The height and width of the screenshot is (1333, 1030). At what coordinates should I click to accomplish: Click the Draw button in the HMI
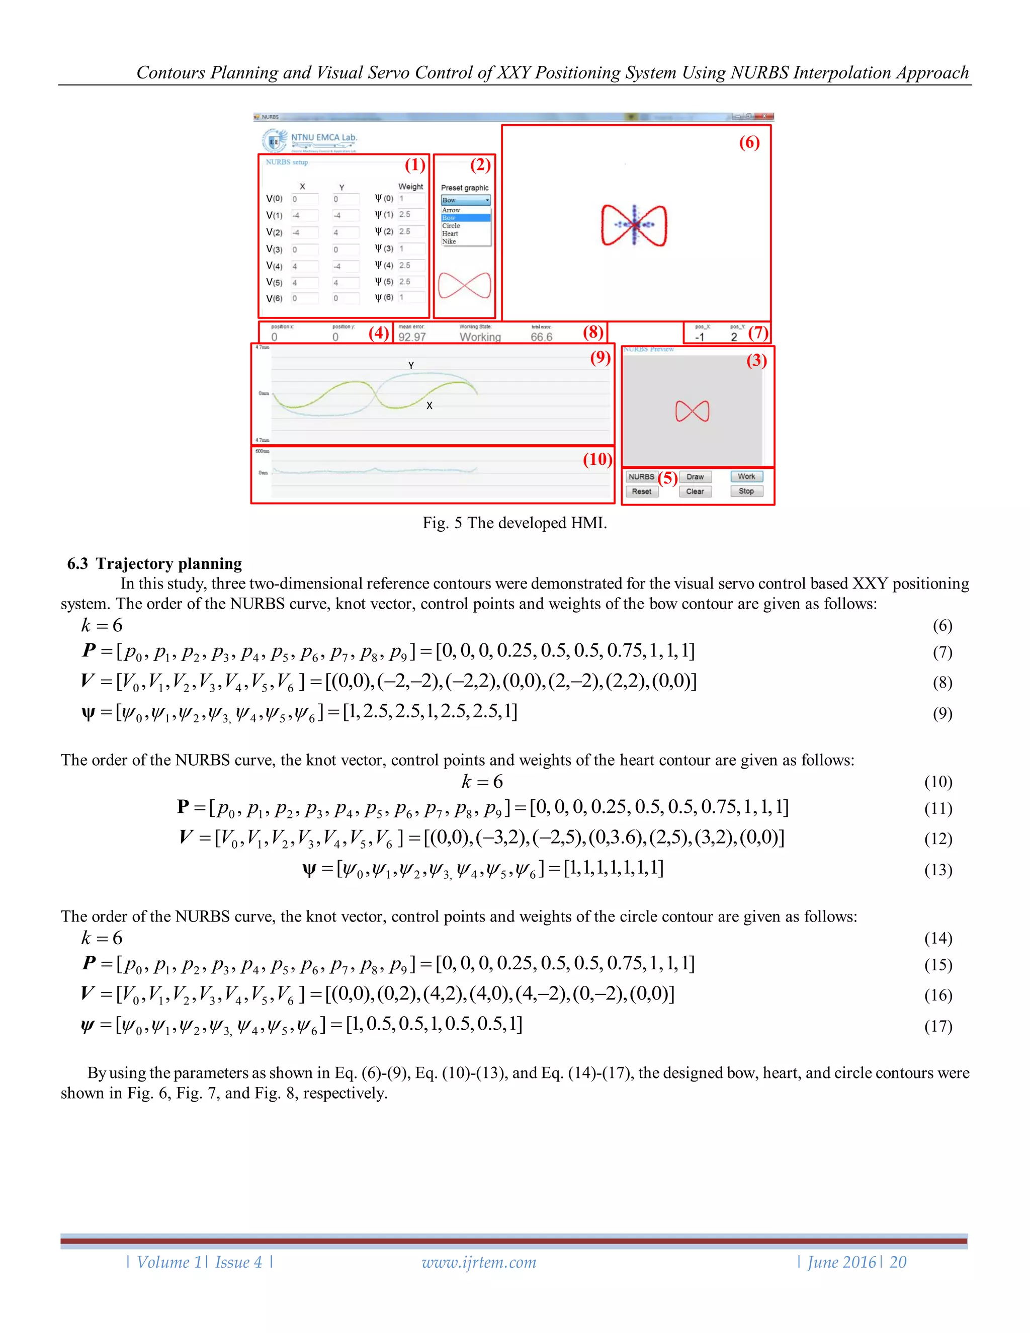pyautogui.click(x=695, y=477)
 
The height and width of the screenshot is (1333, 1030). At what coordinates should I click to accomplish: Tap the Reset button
pyautogui.click(x=641, y=491)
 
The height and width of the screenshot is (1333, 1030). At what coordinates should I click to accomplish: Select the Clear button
pyautogui.click(x=695, y=491)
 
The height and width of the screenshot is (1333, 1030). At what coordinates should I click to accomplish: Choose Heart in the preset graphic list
pyautogui.click(x=450, y=234)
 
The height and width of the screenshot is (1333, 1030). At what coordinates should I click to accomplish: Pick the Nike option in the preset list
pyautogui.click(x=449, y=241)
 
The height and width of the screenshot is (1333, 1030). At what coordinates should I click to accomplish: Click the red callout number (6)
pyautogui.click(x=749, y=143)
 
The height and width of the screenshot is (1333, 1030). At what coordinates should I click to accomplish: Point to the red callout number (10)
pyautogui.click(x=597, y=459)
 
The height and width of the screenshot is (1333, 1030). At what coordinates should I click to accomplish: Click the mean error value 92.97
pyautogui.click(x=412, y=337)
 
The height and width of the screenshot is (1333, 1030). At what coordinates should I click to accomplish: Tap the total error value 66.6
pyautogui.click(x=541, y=337)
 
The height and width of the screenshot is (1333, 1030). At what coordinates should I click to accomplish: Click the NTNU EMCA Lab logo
pyautogui.click(x=310, y=140)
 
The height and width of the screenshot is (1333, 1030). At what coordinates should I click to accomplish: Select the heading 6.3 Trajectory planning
pyautogui.click(x=154, y=563)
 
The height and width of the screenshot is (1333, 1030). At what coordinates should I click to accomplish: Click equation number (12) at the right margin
pyautogui.click(x=938, y=839)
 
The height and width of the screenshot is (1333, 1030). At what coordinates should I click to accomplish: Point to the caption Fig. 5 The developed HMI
pyautogui.click(x=514, y=523)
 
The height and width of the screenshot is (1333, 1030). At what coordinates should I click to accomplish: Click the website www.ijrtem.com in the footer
pyautogui.click(x=479, y=1262)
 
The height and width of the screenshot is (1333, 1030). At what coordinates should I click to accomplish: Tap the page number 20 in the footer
pyautogui.click(x=898, y=1262)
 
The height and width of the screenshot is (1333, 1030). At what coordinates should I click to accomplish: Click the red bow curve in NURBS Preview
pyautogui.click(x=692, y=411)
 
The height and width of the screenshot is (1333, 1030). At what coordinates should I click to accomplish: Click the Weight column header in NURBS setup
pyautogui.click(x=411, y=187)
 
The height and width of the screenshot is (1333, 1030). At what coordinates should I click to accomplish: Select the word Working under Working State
pyautogui.click(x=480, y=337)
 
